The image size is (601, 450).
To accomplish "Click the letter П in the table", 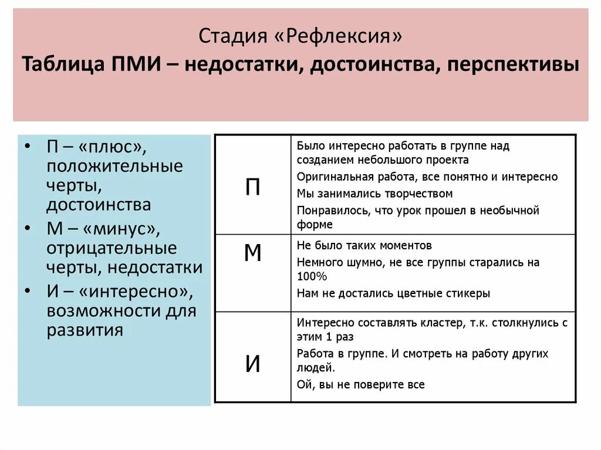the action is point(252,187).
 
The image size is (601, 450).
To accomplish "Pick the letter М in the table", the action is point(252,253).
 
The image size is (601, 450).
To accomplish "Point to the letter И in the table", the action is point(252,364).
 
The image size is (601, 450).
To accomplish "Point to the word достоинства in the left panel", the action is point(99,205).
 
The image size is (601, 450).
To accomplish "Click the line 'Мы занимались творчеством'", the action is point(374,194).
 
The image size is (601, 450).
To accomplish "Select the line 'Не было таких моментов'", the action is point(364,245).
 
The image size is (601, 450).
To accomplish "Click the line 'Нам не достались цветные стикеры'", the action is point(393,293).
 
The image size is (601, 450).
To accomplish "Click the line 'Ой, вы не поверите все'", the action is point(360,385).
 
